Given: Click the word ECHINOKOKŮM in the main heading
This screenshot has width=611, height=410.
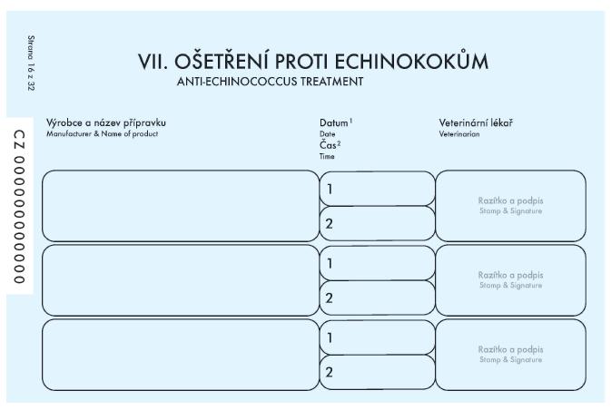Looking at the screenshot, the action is (x=411, y=61).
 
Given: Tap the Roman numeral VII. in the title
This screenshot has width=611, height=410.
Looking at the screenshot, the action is (x=153, y=62).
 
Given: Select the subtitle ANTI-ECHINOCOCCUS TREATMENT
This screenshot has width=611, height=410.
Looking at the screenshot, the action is (x=270, y=82).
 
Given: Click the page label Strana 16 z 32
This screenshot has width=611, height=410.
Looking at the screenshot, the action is (x=31, y=63).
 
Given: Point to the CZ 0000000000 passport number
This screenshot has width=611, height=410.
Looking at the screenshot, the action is (x=19, y=207).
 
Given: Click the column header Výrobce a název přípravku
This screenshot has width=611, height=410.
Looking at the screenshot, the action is (x=106, y=123).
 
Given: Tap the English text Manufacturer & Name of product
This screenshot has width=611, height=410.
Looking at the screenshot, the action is (x=102, y=134).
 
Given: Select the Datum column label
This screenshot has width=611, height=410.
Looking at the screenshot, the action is (x=334, y=123).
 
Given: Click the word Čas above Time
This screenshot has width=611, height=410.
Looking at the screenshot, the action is (x=328, y=145).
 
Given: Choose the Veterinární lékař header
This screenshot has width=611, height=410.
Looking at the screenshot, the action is (x=476, y=123).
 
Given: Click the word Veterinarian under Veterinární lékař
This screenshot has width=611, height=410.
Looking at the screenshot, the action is (x=459, y=134).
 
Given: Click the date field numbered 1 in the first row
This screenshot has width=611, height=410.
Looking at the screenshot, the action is (x=377, y=189).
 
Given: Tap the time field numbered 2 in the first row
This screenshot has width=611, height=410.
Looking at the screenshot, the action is (x=377, y=223).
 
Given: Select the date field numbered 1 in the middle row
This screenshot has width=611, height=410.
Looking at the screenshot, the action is (x=377, y=263).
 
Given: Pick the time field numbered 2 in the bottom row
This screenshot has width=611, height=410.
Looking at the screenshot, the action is (x=377, y=372).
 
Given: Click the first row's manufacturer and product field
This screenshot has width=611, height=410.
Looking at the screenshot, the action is (x=181, y=206).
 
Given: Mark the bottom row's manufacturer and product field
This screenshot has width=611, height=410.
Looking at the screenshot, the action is (x=181, y=355).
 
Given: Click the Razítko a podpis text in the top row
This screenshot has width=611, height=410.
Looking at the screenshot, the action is (x=510, y=200).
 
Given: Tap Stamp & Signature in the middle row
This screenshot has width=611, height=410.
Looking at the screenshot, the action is (x=510, y=286).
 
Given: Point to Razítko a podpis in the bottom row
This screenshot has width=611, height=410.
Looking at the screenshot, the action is (x=510, y=349).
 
